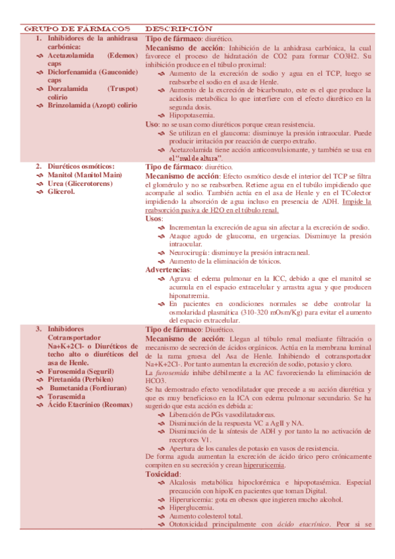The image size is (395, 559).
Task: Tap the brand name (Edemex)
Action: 123,56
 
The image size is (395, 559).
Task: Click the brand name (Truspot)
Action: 123,88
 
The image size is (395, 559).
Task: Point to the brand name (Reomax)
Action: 123,405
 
